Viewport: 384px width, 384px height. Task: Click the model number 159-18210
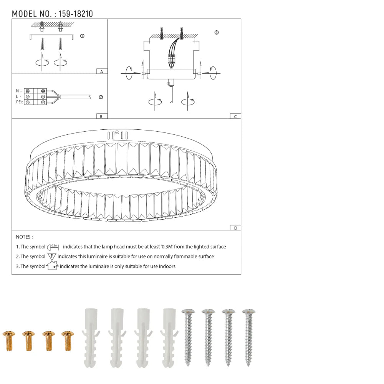point(76,14)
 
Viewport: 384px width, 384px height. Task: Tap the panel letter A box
point(101,72)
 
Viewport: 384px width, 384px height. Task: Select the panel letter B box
point(101,116)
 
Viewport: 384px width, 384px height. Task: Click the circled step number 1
point(82,36)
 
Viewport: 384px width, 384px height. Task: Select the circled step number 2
point(101,97)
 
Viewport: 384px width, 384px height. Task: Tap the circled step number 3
point(217,33)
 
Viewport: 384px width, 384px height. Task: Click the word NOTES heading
point(24,237)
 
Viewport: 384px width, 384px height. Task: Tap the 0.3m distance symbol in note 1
point(53,247)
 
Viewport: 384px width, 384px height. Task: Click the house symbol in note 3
point(52,266)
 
